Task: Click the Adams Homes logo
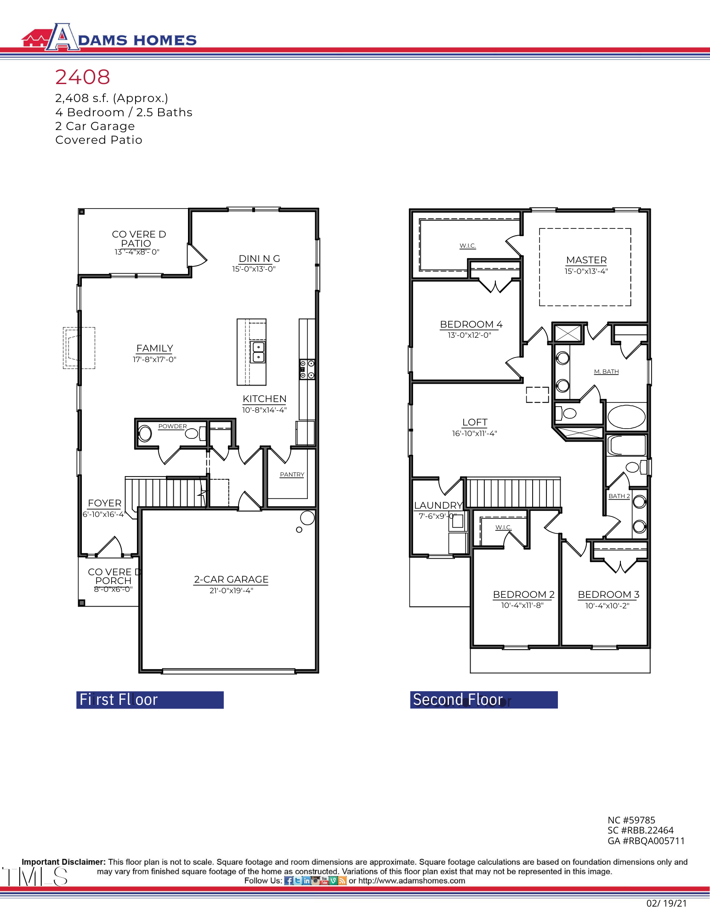[109, 38]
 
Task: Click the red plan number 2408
[83, 77]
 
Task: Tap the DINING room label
[259, 259]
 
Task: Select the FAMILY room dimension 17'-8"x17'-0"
[154, 359]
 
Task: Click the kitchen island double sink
[258, 352]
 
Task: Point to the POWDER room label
[172, 426]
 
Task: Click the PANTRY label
[292, 474]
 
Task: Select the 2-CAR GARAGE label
[231, 579]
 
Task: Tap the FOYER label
[105, 503]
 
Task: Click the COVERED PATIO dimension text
[137, 252]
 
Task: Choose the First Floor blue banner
[150, 699]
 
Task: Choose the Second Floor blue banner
[483, 699]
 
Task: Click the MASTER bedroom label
[586, 260]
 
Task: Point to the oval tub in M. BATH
[626, 416]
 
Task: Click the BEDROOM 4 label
[471, 324]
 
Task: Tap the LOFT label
[475, 422]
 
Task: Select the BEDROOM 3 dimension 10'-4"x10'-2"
[607, 606]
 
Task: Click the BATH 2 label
[619, 496]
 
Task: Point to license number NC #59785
[631, 820]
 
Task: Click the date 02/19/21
[666, 903]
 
